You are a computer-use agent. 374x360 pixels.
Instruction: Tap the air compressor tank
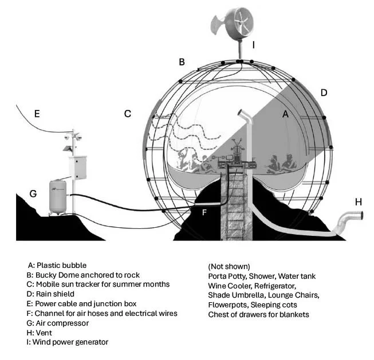(x=57, y=196)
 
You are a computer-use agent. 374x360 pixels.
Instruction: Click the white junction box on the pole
(x=77, y=167)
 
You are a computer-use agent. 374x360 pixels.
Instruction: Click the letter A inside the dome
(x=284, y=114)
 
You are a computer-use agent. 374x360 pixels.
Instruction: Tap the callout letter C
(x=128, y=113)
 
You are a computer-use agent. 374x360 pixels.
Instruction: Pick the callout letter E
(x=36, y=114)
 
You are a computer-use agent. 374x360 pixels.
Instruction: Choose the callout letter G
(x=33, y=193)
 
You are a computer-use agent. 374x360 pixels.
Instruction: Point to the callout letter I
(x=253, y=43)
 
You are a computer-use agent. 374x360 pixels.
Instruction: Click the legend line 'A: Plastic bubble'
(x=57, y=266)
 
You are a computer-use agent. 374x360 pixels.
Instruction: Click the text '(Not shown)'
(x=229, y=266)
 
